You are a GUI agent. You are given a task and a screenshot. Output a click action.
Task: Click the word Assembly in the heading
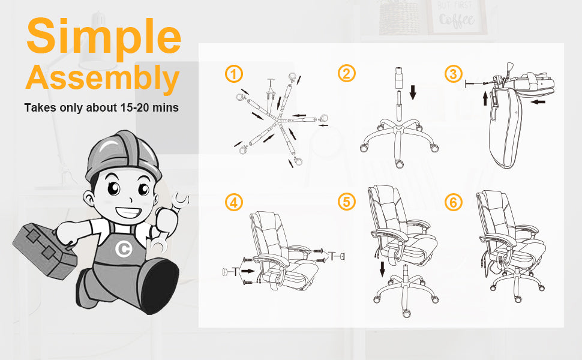click(103, 79)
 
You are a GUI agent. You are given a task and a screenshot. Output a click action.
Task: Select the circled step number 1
click(234, 74)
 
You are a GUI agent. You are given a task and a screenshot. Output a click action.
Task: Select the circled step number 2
click(346, 73)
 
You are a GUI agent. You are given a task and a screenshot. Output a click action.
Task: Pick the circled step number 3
click(453, 74)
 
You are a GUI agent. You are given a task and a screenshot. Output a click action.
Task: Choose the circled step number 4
click(234, 203)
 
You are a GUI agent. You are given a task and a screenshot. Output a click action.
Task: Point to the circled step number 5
click(346, 202)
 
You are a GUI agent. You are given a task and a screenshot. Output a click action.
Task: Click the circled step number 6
click(453, 203)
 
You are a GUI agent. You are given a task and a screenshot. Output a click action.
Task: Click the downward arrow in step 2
click(413, 92)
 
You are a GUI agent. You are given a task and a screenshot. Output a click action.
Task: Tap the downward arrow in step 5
click(382, 269)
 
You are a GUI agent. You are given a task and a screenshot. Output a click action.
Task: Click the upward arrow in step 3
click(485, 98)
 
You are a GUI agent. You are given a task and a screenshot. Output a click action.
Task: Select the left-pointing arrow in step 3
click(538, 101)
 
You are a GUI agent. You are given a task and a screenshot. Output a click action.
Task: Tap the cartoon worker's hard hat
click(122, 156)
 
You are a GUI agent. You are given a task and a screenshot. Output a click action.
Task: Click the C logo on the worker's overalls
click(123, 248)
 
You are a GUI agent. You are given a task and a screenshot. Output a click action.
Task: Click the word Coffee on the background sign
click(457, 20)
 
